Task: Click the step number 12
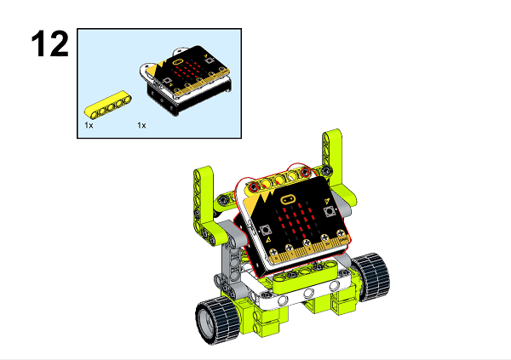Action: tap(49, 43)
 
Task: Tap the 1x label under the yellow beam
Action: tap(89, 125)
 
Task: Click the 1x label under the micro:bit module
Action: tap(141, 125)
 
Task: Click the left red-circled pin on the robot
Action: tap(253, 185)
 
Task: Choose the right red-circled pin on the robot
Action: tap(298, 172)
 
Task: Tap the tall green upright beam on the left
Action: tap(204, 204)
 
